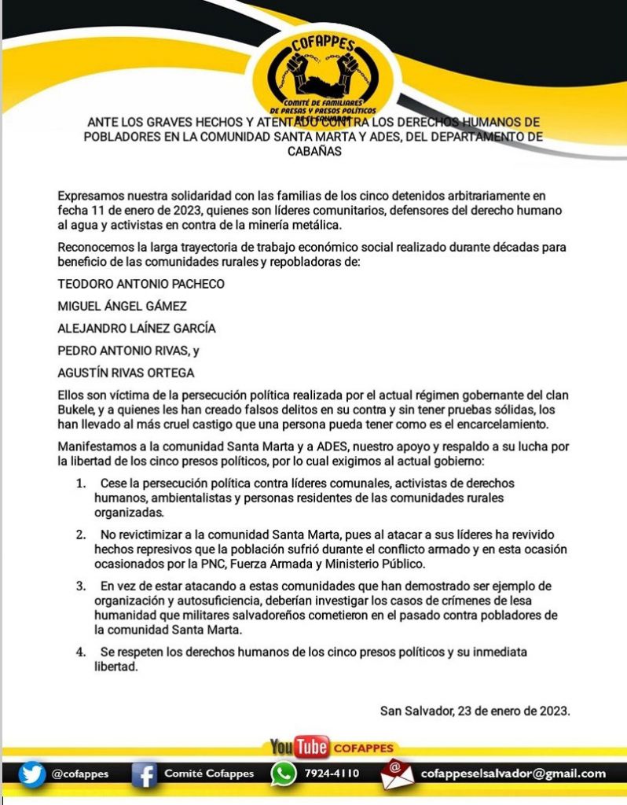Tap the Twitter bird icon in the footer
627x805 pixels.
[x=32, y=774]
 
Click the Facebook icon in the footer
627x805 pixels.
[x=145, y=774]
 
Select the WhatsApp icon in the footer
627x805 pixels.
[x=283, y=774]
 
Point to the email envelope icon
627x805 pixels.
[x=397, y=774]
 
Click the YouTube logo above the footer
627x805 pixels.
[x=299, y=747]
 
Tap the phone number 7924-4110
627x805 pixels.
[x=332, y=774]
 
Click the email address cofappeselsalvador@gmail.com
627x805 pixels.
[x=513, y=774]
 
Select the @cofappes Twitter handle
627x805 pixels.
[x=79, y=774]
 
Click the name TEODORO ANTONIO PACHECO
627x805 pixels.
[x=141, y=283]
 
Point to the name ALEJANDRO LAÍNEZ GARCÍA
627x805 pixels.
[x=137, y=328]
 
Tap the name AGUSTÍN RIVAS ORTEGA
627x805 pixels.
[x=126, y=373]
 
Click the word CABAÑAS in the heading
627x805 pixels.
[x=313, y=152]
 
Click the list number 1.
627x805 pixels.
[x=80, y=483]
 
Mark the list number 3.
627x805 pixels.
[x=80, y=586]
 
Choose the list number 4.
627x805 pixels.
[x=80, y=652]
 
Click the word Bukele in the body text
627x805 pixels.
[x=76, y=410]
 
